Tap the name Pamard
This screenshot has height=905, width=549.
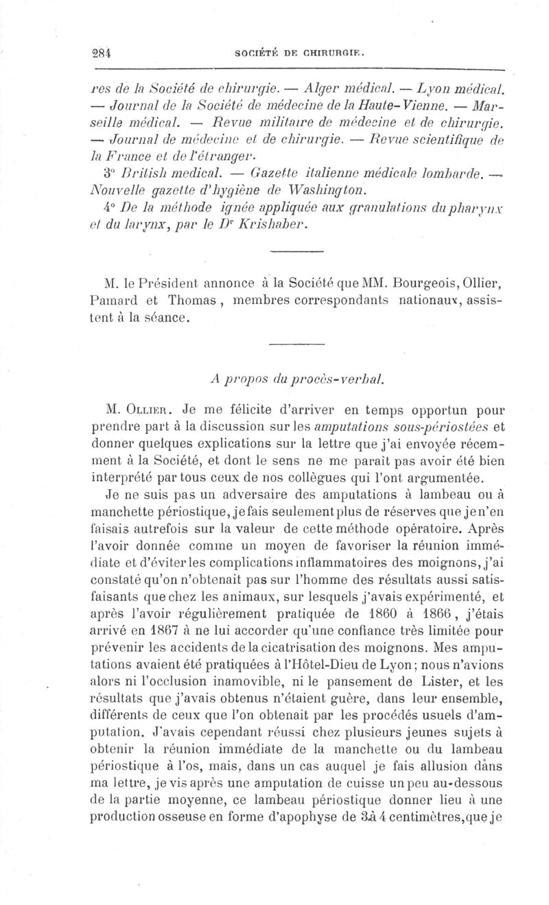pos(115,299)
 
